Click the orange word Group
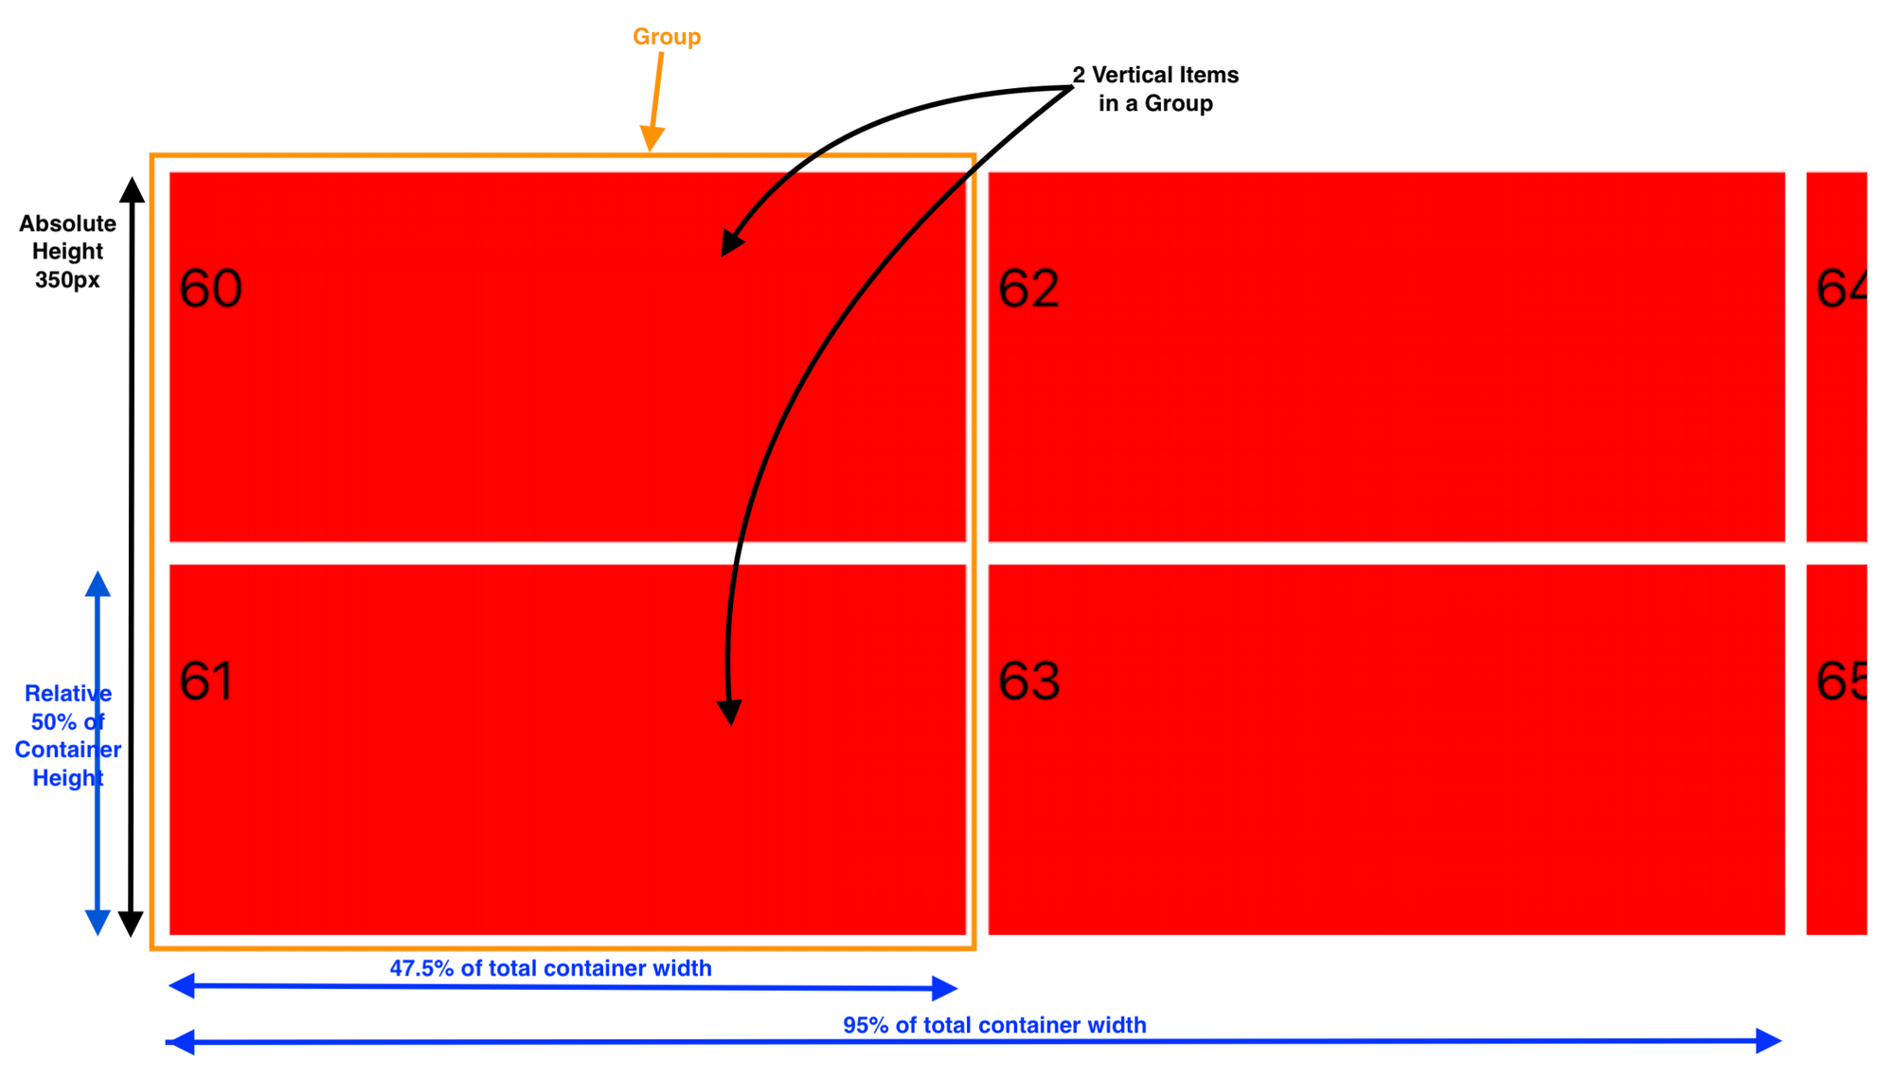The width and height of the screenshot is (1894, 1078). (x=667, y=37)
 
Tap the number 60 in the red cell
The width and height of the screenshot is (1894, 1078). (x=210, y=289)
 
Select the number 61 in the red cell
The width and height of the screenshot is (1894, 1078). (x=206, y=681)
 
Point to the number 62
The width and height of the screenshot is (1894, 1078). (x=1028, y=289)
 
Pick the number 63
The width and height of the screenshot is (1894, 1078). (x=1028, y=681)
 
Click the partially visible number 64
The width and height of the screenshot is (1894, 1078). (x=1842, y=289)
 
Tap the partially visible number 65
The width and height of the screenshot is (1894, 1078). (x=1842, y=681)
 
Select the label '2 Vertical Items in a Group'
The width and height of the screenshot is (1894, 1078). (x=1155, y=89)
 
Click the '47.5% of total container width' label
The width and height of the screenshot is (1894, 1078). (x=550, y=968)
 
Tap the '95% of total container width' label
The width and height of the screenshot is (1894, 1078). (x=994, y=1025)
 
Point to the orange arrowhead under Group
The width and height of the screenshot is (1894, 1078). (x=652, y=138)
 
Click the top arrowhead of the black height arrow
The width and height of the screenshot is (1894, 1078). (x=133, y=189)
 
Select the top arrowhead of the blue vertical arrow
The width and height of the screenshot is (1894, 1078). (x=98, y=584)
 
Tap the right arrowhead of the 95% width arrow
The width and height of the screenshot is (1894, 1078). (x=1768, y=1040)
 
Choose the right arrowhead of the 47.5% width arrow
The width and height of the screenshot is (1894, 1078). (x=944, y=988)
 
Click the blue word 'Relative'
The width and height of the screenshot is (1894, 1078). (x=68, y=694)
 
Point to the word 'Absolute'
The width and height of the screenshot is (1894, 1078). (x=67, y=224)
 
